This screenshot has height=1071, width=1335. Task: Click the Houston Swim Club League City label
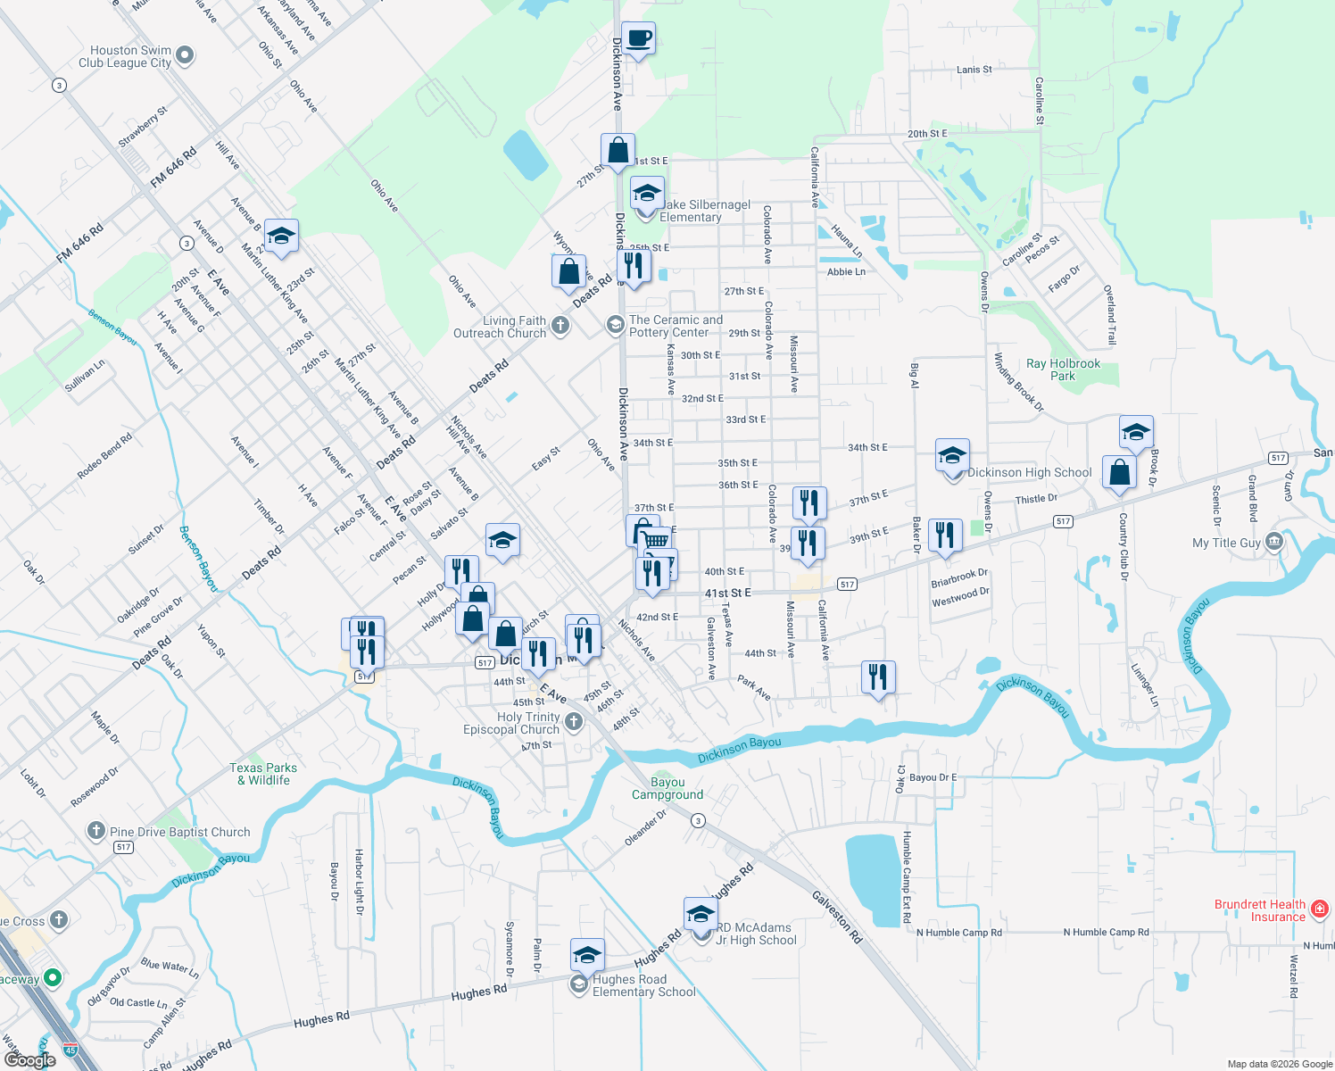click(x=125, y=57)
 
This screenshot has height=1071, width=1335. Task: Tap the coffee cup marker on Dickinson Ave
click(x=637, y=39)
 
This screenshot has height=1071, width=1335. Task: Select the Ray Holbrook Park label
click(x=1063, y=369)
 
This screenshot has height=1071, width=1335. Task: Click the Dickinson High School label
click(x=1029, y=473)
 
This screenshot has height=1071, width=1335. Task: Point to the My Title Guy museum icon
click(x=1274, y=542)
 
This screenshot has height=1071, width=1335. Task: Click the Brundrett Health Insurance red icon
click(x=1320, y=909)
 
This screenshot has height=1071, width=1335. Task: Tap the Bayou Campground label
click(x=667, y=789)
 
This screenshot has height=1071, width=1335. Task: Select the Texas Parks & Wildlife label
click(x=263, y=774)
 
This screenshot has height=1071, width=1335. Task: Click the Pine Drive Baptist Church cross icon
click(x=95, y=832)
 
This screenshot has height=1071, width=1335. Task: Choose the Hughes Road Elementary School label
click(x=643, y=985)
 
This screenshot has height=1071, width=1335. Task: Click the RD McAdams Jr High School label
click(x=755, y=934)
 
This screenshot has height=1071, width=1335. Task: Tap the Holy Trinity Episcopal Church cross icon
click(x=574, y=722)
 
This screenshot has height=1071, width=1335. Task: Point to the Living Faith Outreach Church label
click(x=500, y=327)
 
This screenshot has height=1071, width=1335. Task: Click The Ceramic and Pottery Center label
click(x=676, y=326)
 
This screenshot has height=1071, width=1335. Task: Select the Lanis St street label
click(x=974, y=70)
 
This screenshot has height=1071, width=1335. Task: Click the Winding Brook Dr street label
click(x=1018, y=382)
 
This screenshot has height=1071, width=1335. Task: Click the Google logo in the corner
click(x=30, y=1060)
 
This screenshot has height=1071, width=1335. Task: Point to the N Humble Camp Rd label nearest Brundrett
click(x=1106, y=932)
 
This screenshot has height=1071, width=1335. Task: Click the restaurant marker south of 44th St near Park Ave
click(x=878, y=678)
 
